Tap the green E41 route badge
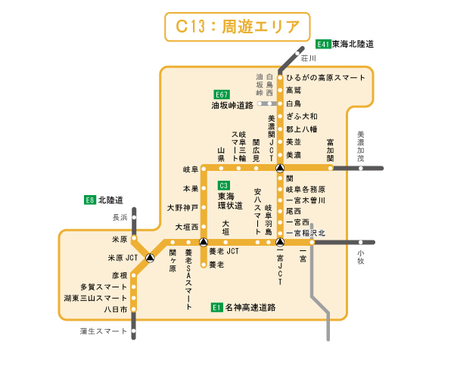click(324, 44)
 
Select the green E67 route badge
click(221, 95)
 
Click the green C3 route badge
click(223, 185)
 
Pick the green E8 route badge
click(89, 200)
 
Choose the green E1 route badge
click(216, 308)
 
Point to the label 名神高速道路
click(250, 308)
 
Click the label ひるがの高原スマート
click(325, 78)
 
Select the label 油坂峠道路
click(232, 107)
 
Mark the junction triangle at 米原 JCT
click(150, 258)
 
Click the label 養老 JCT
click(224, 251)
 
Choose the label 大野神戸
click(182, 207)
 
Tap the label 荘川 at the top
click(307, 57)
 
